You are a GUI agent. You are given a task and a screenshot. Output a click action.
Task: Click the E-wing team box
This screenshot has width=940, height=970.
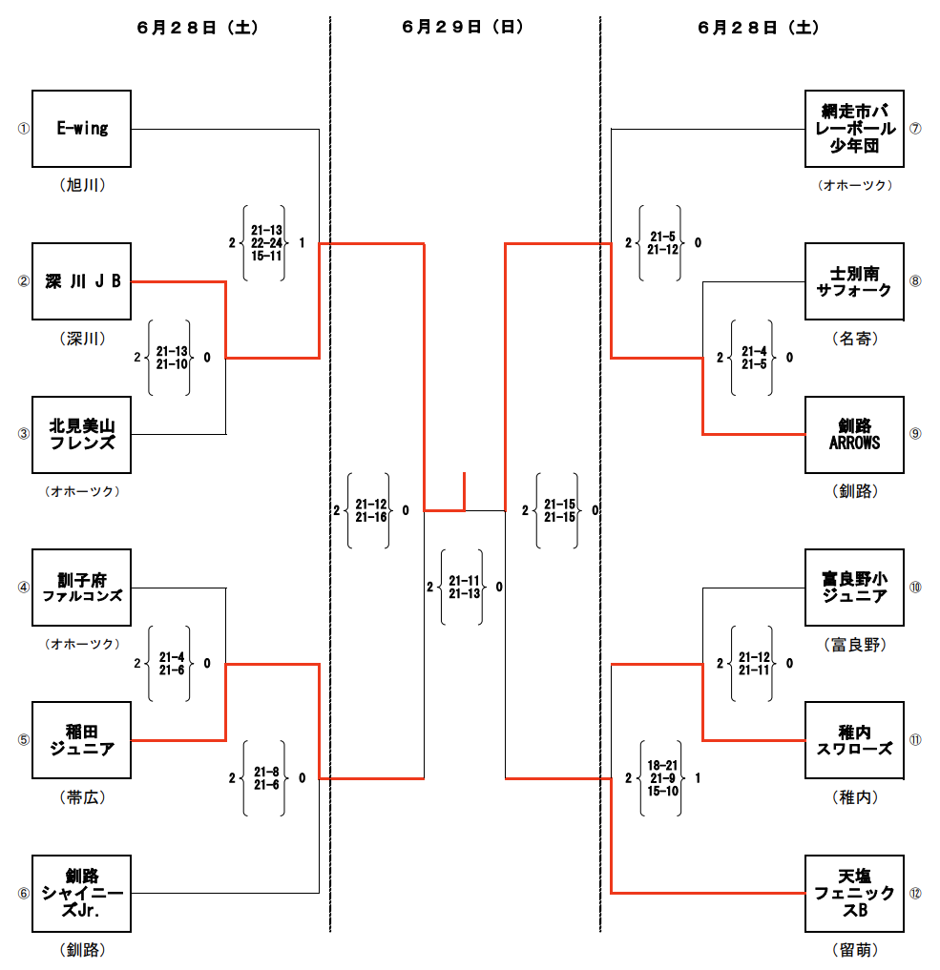click(x=81, y=129)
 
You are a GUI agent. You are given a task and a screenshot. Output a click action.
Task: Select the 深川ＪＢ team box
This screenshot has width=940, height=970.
click(x=81, y=281)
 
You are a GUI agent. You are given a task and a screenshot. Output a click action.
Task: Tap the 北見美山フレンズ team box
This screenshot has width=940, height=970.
click(x=81, y=434)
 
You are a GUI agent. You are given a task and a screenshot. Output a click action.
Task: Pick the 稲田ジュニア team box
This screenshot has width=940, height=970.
click(x=81, y=740)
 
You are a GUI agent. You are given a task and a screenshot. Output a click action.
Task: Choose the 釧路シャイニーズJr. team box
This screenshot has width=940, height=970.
click(x=81, y=893)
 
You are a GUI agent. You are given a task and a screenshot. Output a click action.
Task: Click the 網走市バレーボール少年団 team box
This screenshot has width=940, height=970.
click(x=854, y=129)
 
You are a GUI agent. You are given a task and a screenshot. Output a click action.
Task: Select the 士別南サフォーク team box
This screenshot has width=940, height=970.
click(x=854, y=281)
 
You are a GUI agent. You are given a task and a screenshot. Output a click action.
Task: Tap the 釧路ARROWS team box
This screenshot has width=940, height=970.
click(x=854, y=434)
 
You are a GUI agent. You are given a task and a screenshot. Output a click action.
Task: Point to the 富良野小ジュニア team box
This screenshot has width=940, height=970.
click(x=854, y=588)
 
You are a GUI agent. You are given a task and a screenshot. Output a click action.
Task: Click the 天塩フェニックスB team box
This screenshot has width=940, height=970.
click(x=854, y=893)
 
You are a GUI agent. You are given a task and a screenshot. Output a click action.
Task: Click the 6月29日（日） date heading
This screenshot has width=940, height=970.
click(x=463, y=28)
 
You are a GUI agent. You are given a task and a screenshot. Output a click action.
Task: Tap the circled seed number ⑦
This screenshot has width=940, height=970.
click(x=915, y=129)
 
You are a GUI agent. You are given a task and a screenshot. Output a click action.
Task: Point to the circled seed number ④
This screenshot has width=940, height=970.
click(x=24, y=588)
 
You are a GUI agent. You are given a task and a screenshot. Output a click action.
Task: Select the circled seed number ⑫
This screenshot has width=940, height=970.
click(x=915, y=894)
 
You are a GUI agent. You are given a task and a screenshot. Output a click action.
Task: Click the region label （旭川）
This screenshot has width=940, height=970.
click(x=81, y=185)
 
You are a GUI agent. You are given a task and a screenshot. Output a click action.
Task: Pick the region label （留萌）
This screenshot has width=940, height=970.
click(x=854, y=950)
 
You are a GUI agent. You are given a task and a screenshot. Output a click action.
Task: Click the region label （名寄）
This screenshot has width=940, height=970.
click(x=854, y=338)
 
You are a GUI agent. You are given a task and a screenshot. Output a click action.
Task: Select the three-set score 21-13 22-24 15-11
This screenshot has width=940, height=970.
click(x=266, y=243)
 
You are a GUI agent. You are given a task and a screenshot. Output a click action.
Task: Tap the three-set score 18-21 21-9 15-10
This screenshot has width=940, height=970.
click(x=662, y=778)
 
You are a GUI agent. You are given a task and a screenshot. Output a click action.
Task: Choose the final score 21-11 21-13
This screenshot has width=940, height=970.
click(x=464, y=588)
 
